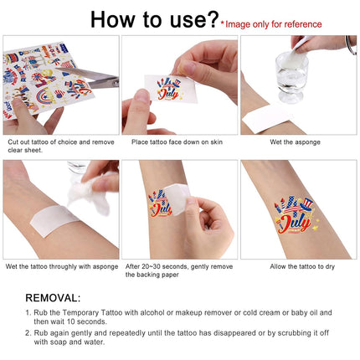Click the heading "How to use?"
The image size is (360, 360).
pos(155,19)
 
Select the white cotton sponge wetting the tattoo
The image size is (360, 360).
pos(90,193)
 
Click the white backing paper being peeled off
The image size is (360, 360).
pos(177,198)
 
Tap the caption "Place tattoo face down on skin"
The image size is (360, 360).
pos(177,142)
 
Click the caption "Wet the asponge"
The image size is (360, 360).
pos(295,142)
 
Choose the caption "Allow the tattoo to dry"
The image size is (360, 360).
pos(302,266)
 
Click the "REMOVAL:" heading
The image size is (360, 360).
pos(53,298)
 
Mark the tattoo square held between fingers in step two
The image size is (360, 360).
pos(171,89)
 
